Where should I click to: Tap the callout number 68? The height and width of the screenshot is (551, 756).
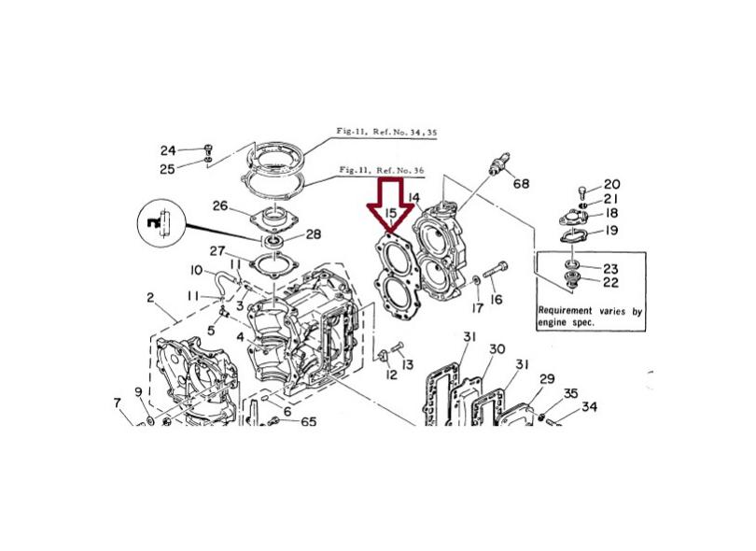coord(521,183)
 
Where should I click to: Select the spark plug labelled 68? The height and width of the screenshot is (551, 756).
coord(498,164)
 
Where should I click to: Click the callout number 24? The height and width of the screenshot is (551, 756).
coord(168,150)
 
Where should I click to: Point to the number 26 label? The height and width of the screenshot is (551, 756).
coord(220,206)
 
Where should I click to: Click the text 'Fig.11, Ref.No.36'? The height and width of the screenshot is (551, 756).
coord(382,170)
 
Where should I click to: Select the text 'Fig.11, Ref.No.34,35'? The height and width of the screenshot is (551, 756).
coord(386,132)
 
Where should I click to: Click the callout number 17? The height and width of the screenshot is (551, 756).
coord(477,307)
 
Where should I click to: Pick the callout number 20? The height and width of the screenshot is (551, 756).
coord(612,184)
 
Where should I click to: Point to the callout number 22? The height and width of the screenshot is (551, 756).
coord(610,282)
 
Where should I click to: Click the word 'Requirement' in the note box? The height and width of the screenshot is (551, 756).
coord(565,310)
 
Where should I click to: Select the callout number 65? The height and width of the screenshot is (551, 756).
coord(309,422)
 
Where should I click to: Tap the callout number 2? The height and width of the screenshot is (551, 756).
coord(150,297)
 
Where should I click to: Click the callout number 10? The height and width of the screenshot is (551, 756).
coord(196,270)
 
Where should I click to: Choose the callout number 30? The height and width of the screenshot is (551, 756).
coord(497,348)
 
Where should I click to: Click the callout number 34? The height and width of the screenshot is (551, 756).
coord(589,407)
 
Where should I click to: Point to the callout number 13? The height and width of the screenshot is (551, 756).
coord(408,364)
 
